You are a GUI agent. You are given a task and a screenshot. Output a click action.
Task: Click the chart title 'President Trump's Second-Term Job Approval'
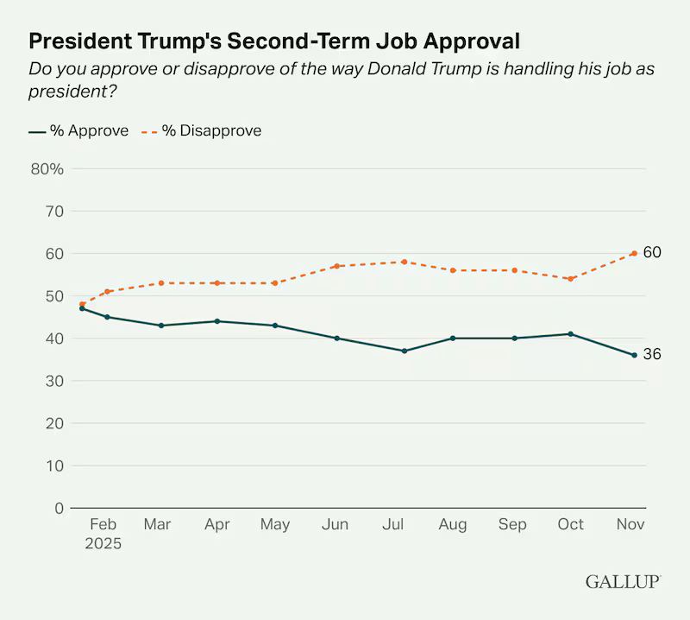(274, 41)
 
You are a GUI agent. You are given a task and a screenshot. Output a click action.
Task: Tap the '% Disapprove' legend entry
(202, 131)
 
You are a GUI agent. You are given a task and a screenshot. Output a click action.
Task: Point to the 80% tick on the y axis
(47, 168)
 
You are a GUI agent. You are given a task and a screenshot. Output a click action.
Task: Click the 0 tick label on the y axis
(59, 509)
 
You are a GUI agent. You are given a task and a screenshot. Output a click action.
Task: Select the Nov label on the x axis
(632, 524)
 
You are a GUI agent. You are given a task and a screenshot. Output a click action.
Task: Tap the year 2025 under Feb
(103, 545)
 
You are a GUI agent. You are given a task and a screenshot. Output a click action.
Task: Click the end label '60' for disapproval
(652, 253)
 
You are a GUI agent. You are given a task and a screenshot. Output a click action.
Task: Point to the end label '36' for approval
(652, 355)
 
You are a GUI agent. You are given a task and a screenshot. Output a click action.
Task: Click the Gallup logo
(623, 581)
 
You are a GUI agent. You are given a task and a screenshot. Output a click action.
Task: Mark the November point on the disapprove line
(634, 253)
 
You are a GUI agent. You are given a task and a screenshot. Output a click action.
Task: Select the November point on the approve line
(634, 355)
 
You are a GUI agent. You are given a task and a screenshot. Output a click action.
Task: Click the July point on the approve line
(404, 351)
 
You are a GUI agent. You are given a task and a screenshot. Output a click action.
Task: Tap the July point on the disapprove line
(404, 262)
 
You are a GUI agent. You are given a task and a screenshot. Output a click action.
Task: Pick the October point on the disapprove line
(570, 279)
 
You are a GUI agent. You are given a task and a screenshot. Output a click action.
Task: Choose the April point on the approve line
(216, 321)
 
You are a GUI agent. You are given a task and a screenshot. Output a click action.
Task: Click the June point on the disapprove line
(336, 266)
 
